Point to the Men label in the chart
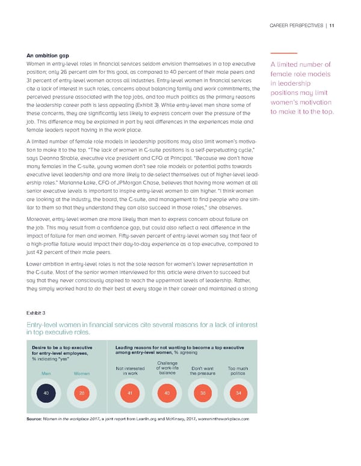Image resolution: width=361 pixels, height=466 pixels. coord(45,373)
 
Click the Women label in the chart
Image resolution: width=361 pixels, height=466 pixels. coord(82,373)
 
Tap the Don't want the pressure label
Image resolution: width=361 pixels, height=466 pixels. coord(203,370)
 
